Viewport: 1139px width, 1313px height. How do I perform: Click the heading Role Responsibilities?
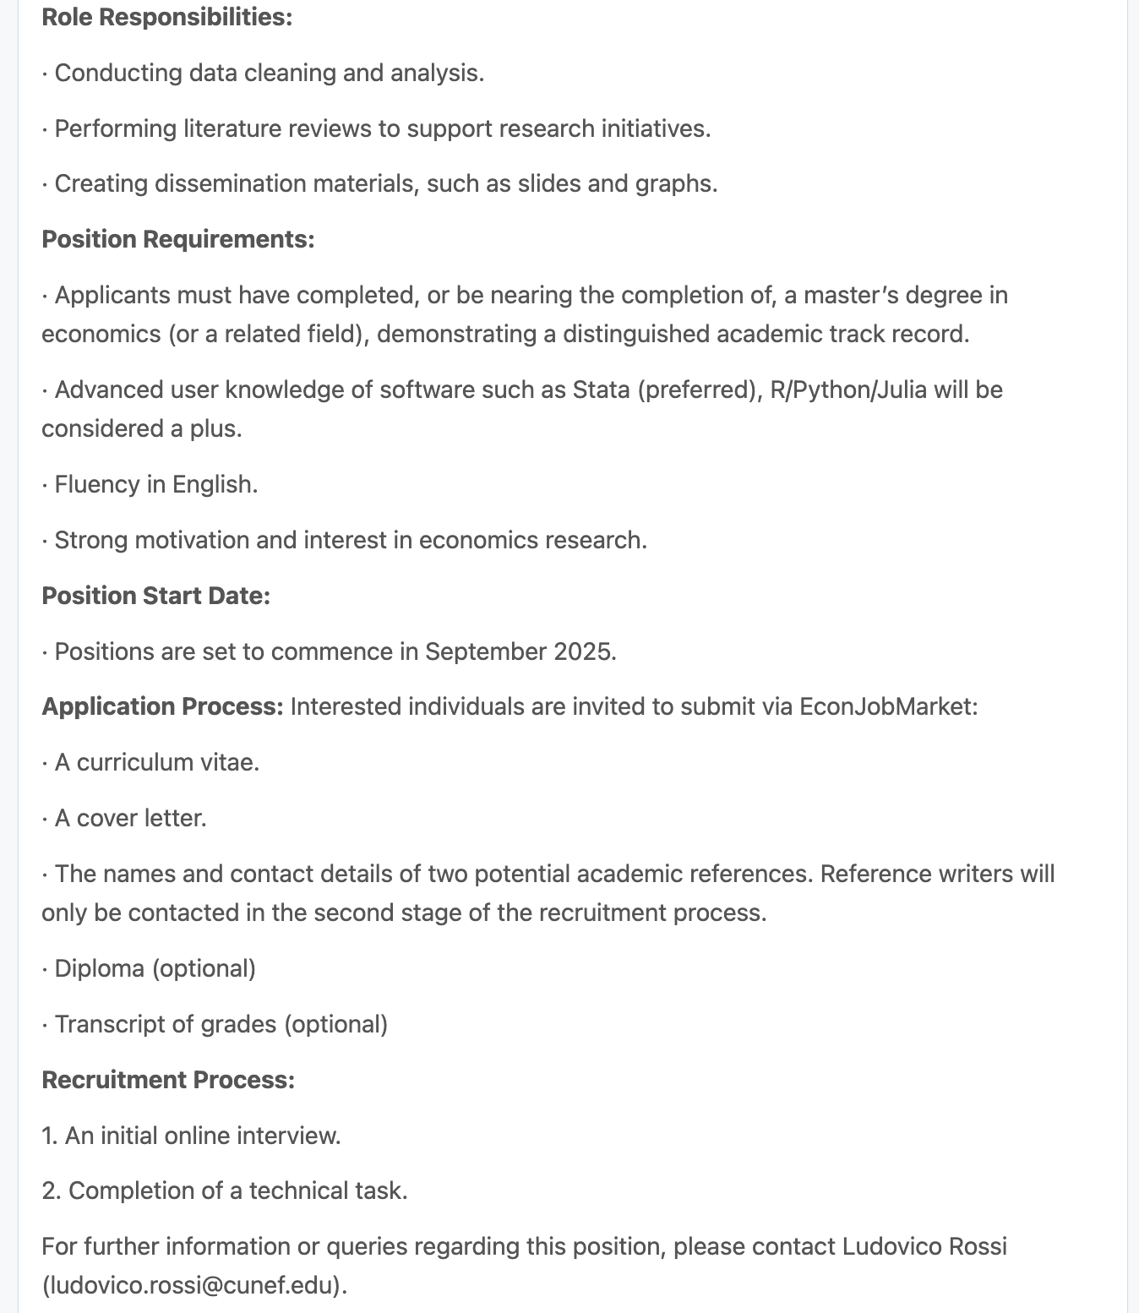[x=166, y=17]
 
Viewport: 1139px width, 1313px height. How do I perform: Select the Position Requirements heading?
[x=177, y=239]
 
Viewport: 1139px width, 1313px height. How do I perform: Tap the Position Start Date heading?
[x=155, y=596]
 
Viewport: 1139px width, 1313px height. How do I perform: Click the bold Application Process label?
[x=162, y=706]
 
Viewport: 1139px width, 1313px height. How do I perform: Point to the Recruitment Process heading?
[x=168, y=1080]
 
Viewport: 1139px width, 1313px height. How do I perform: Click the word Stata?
[x=601, y=390]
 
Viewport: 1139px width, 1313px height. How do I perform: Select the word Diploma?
[x=99, y=968]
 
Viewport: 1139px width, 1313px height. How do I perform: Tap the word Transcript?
[x=111, y=1024]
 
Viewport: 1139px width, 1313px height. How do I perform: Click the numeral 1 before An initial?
[x=48, y=1136]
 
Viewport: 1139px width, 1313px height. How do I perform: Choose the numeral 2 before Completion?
[x=50, y=1190]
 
